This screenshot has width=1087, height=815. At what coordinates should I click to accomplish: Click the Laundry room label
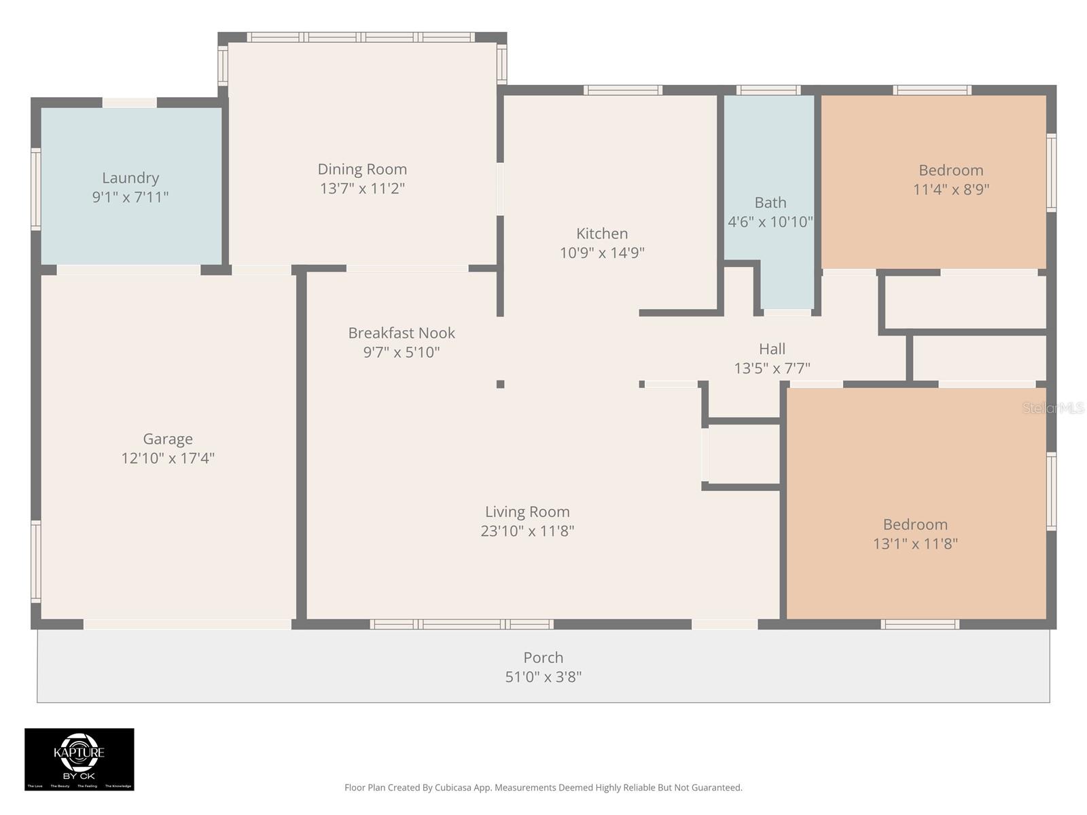pyautogui.click(x=130, y=178)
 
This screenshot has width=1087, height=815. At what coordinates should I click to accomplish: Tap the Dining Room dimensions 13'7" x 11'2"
pyautogui.click(x=362, y=188)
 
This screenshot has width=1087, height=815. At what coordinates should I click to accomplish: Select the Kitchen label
pyautogui.click(x=602, y=234)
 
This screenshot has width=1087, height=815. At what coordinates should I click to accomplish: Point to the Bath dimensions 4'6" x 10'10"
pyautogui.click(x=770, y=221)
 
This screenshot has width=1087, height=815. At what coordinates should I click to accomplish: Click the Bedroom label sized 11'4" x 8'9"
pyautogui.click(x=950, y=170)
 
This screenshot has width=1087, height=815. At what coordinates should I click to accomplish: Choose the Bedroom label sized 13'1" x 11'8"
pyautogui.click(x=915, y=524)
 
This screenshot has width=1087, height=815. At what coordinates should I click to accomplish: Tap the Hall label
pyautogui.click(x=772, y=349)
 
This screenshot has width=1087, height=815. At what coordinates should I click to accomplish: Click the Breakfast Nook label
pyautogui.click(x=402, y=333)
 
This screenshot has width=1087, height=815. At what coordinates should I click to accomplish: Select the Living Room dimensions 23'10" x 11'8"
pyautogui.click(x=527, y=531)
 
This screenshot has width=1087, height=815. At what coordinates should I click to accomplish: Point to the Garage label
pyautogui.click(x=168, y=439)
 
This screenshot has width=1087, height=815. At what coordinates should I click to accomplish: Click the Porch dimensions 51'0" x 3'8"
pyautogui.click(x=543, y=676)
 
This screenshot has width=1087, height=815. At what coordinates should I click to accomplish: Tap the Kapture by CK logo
pyautogui.click(x=79, y=759)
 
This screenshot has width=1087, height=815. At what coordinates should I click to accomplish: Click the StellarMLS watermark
pyautogui.click(x=1052, y=407)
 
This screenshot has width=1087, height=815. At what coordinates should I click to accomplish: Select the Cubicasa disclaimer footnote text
pyautogui.click(x=543, y=788)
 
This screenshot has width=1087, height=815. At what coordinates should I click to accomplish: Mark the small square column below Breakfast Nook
pyautogui.click(x=501, y=384)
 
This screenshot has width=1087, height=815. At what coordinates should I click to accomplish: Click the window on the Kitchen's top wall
pyautogui.click(x=622, y=90)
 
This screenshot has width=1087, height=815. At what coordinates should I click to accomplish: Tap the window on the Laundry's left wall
pyautogui.click(x=36, y=188)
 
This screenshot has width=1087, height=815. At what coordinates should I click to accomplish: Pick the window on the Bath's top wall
pyautogui.click(x=768, y=90)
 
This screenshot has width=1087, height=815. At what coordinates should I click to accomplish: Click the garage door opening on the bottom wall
pyautogui.click(x=188, y=624)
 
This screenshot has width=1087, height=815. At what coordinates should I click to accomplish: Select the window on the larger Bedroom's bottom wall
pyautogui.click(x=920, y=624)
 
